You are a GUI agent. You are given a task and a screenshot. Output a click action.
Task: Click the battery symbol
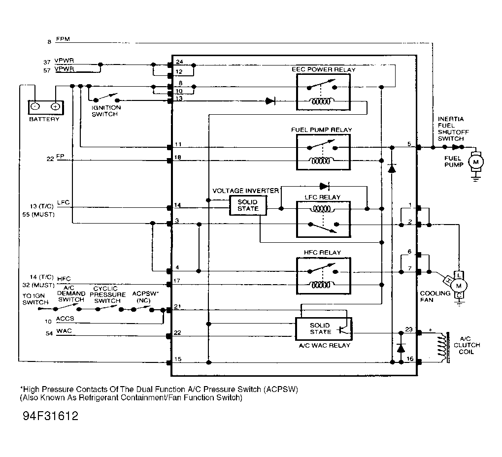pos(45,106)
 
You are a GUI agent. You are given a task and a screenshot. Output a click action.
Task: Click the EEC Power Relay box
pos(323,95)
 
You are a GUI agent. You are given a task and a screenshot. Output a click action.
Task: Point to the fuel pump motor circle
pos(476,162)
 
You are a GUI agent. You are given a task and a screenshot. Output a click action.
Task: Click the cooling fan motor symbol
pos(459,285)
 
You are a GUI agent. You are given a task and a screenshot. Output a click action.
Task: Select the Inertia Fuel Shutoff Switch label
pos(450,129)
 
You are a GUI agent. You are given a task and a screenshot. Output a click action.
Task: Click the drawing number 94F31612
pos(51,416)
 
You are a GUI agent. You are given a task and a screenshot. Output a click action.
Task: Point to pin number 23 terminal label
pos(408,329)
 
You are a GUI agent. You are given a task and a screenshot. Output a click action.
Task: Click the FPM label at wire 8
pos(63,39)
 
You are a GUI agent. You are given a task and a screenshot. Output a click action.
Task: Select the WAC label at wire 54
pos(64,330)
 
